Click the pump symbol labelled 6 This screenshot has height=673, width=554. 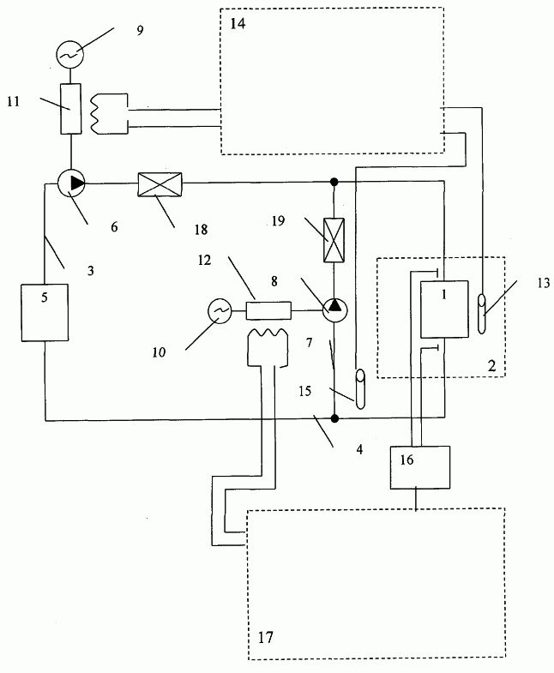(x=71, y=183)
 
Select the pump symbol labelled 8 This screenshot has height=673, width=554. (x=335, y=309)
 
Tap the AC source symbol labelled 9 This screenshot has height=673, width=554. (x=69, y=54)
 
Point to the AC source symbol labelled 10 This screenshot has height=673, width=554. (x=220, y=310)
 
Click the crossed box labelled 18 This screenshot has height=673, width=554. (x=160, y=184)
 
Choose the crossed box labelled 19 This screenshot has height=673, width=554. (x=334, y=240)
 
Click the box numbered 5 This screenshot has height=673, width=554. (x=45, y=312)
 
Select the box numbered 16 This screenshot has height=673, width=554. (x=420, y=467)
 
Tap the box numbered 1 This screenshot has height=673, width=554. (x=444, y=309)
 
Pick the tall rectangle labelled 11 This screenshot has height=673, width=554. (x=70, y=109)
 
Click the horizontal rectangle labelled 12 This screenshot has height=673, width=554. (x=268, y=310)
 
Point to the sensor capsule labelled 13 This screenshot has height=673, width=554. (x=482, y=313)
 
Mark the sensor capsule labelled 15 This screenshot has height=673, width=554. (x=360, y=389)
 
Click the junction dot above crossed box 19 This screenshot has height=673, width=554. (x=334, y=182)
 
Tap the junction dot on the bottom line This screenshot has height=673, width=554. (x=335, y=418)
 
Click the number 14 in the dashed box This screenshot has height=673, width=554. (x=238, y=23)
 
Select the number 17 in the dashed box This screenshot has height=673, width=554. (x=265, y=637)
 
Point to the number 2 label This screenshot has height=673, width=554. (x=491, y=366)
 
